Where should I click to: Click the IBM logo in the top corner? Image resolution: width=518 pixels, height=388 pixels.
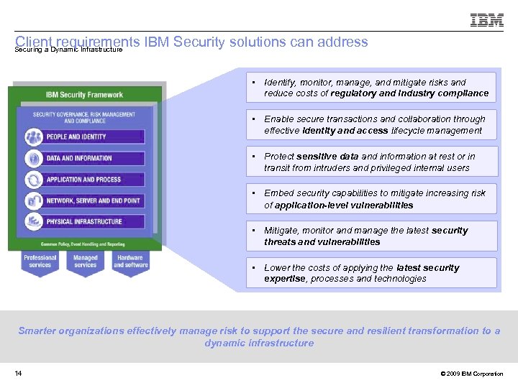click(486, 20)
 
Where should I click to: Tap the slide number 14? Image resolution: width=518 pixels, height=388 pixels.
click(18, 374)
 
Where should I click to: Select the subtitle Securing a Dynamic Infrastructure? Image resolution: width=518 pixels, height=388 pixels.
click(68, 50)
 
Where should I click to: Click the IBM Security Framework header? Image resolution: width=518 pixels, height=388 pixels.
click(84, 94)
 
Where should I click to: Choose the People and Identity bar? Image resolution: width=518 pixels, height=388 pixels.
click(85, 137)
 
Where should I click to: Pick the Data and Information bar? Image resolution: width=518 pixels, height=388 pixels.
click(85, 158)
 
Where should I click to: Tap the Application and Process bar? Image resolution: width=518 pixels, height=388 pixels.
click(85, 180)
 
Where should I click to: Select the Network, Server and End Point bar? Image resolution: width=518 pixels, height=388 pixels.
click(85, 200)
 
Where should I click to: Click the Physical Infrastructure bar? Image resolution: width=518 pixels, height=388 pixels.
click(85, 222)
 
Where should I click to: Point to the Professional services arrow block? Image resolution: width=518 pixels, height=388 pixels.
click(40, 262)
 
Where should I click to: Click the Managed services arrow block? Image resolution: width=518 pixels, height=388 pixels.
click(85, 262)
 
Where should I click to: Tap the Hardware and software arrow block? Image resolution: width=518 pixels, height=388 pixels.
click(129, 262)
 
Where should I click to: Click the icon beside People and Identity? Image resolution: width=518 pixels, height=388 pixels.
click(33, 137)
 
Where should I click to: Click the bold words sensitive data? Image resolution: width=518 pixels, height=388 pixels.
click(327, 156)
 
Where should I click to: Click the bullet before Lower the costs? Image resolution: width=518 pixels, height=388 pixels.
click(255, 267)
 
